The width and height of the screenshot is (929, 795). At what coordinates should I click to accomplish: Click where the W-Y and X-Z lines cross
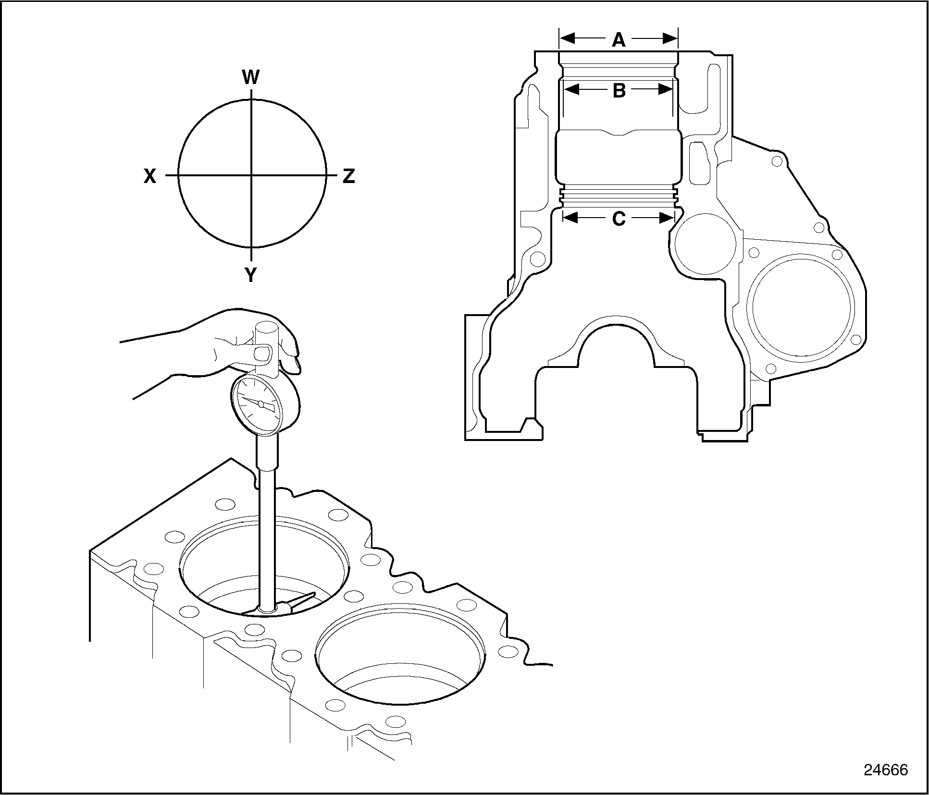pyautogui.click(x=251, y=176)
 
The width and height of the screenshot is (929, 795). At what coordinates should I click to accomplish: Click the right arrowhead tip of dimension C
pyautogui.click(x=674, y=218)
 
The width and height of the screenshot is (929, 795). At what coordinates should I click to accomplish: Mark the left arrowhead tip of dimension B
pyautogui.click(x=564, y=89)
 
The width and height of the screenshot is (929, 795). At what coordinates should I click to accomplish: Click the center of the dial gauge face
pyautogui.click(x=260, y=404)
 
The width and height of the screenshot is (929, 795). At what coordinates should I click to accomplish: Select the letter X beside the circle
pyautogui.click(x=150, y=177)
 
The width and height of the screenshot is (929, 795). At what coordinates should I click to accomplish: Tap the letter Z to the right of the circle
pyautogui.click(x=349, y=176)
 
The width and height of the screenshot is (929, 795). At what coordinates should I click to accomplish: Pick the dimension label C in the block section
pyautogui.click(x=619, y=219)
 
